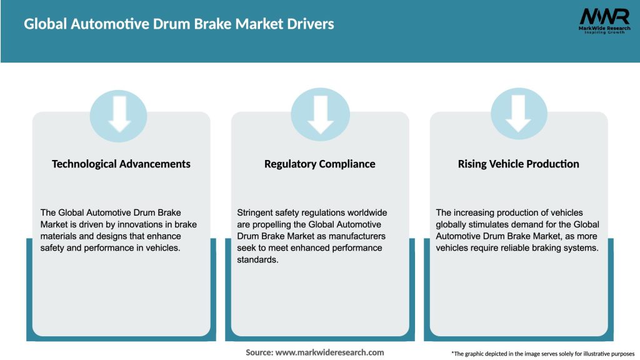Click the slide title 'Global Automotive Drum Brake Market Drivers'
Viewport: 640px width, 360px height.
(179, 24)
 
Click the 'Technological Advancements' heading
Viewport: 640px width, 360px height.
(121, 164)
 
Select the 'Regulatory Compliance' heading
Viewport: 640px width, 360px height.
(320, 164)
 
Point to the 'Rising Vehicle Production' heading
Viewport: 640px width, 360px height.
(519, 164)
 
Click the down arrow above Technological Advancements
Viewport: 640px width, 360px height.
(119, 113)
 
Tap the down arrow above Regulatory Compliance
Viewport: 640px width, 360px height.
(321, 113)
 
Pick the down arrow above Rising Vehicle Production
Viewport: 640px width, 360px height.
(519, 113)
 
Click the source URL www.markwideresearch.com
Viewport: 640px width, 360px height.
(329, 352)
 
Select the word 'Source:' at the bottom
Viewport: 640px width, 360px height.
(259, 352)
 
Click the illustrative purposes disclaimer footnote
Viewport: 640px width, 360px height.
(542, 354)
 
